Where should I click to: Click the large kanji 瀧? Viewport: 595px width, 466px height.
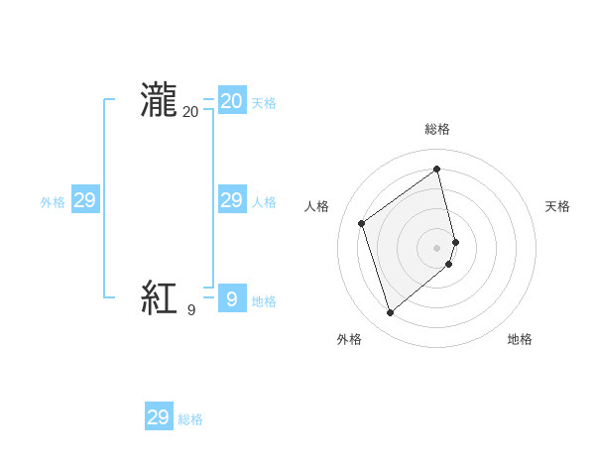[159, 101]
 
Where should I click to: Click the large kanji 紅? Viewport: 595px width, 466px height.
[159, 297]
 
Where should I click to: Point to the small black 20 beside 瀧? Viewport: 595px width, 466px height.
[190, 112]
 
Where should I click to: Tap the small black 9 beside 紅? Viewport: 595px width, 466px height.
[191, 310]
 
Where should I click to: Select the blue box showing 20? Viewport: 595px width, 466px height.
[231, 101]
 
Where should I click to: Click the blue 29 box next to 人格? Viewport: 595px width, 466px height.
[231, 200]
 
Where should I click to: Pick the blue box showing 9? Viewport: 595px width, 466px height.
[231, 298]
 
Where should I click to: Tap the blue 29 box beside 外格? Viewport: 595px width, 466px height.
[84, 200]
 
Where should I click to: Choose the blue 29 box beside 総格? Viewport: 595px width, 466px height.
[158, 417]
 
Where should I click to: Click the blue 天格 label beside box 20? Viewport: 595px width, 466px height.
[264, 103]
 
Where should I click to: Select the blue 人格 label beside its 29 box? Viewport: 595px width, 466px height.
[264, 202]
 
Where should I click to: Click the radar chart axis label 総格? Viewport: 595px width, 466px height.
[437, 130]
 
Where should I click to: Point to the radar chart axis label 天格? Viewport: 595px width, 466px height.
[558, 206]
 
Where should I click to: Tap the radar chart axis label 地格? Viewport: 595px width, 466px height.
[520, 340]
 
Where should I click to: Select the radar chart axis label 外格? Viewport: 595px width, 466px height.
[349, 340]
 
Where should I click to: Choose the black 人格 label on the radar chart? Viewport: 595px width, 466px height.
[316, 206]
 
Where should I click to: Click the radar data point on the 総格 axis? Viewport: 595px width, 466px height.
[437, 169]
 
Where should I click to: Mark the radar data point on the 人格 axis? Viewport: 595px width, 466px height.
[362, 223]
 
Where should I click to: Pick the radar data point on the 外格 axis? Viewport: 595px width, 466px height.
[391, 313]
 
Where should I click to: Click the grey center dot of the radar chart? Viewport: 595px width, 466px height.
[437, 247]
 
